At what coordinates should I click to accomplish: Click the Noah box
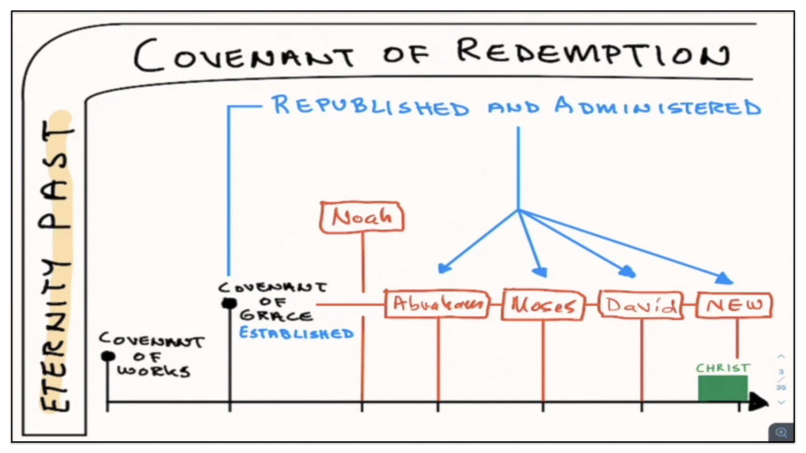click(362, 217)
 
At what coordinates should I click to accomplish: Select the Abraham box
click(437, 304)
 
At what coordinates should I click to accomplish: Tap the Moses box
click(543, 305)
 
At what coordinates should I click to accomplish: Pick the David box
click(641, 305)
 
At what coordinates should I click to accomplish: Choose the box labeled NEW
click(734, 305)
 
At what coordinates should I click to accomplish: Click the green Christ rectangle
click(722, 388)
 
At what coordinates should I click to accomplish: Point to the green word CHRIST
click(722, 368)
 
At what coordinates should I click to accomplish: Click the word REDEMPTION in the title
click(593, 53)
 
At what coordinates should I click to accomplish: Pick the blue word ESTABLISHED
click(296, 333)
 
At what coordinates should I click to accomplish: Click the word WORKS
click(154, 371)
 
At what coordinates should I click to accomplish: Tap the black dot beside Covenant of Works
click(108, 356)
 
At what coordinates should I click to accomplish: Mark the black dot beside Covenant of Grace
click(229, 303)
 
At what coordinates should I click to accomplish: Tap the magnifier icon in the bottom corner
click(781, 432)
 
